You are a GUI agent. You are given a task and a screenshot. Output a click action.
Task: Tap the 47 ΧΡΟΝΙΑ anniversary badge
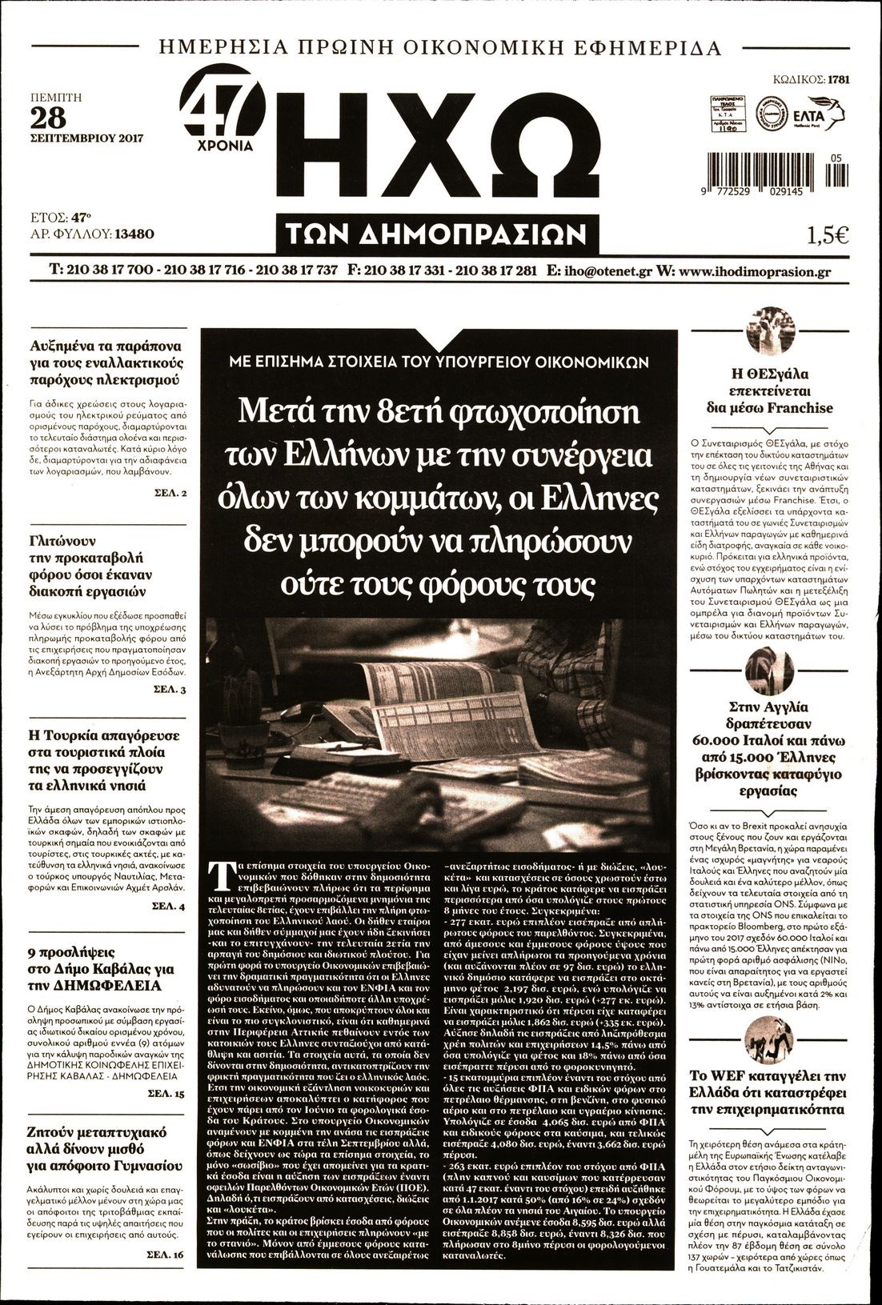click(225, 117)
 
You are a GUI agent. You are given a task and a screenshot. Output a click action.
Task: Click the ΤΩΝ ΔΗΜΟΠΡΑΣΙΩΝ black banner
click(437, 234)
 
